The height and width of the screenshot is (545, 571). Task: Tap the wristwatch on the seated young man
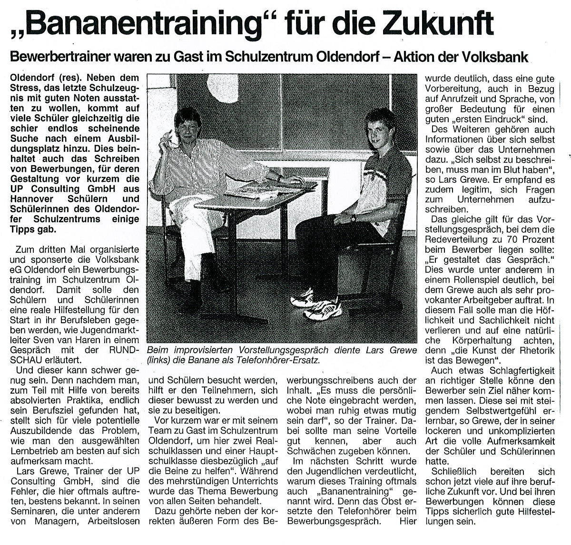pos(353,218)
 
